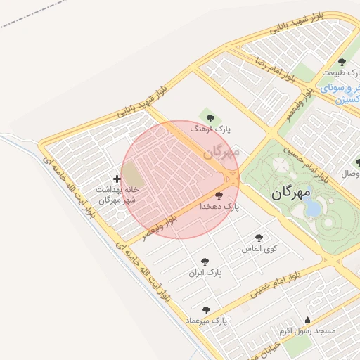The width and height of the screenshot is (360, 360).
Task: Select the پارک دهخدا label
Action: pos(219,207)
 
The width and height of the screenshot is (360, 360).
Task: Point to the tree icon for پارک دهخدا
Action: pos(219,195)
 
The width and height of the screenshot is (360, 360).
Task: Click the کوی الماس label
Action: pos(259,249)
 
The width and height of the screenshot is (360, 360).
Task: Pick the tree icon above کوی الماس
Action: pos(259,238)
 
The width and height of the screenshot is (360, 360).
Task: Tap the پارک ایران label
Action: pos(205,272)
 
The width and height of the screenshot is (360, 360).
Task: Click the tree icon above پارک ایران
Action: pos(205,261)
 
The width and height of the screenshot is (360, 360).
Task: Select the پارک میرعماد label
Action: pos(207,321)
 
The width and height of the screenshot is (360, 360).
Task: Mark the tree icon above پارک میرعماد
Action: pos(206,309)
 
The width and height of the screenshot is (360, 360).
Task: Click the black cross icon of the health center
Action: pos(117,179)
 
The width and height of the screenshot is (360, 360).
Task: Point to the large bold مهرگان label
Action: pos(290,191)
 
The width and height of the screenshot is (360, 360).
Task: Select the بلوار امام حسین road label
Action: pos(306,162)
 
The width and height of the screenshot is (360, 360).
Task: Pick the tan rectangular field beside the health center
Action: pos(131,172)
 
